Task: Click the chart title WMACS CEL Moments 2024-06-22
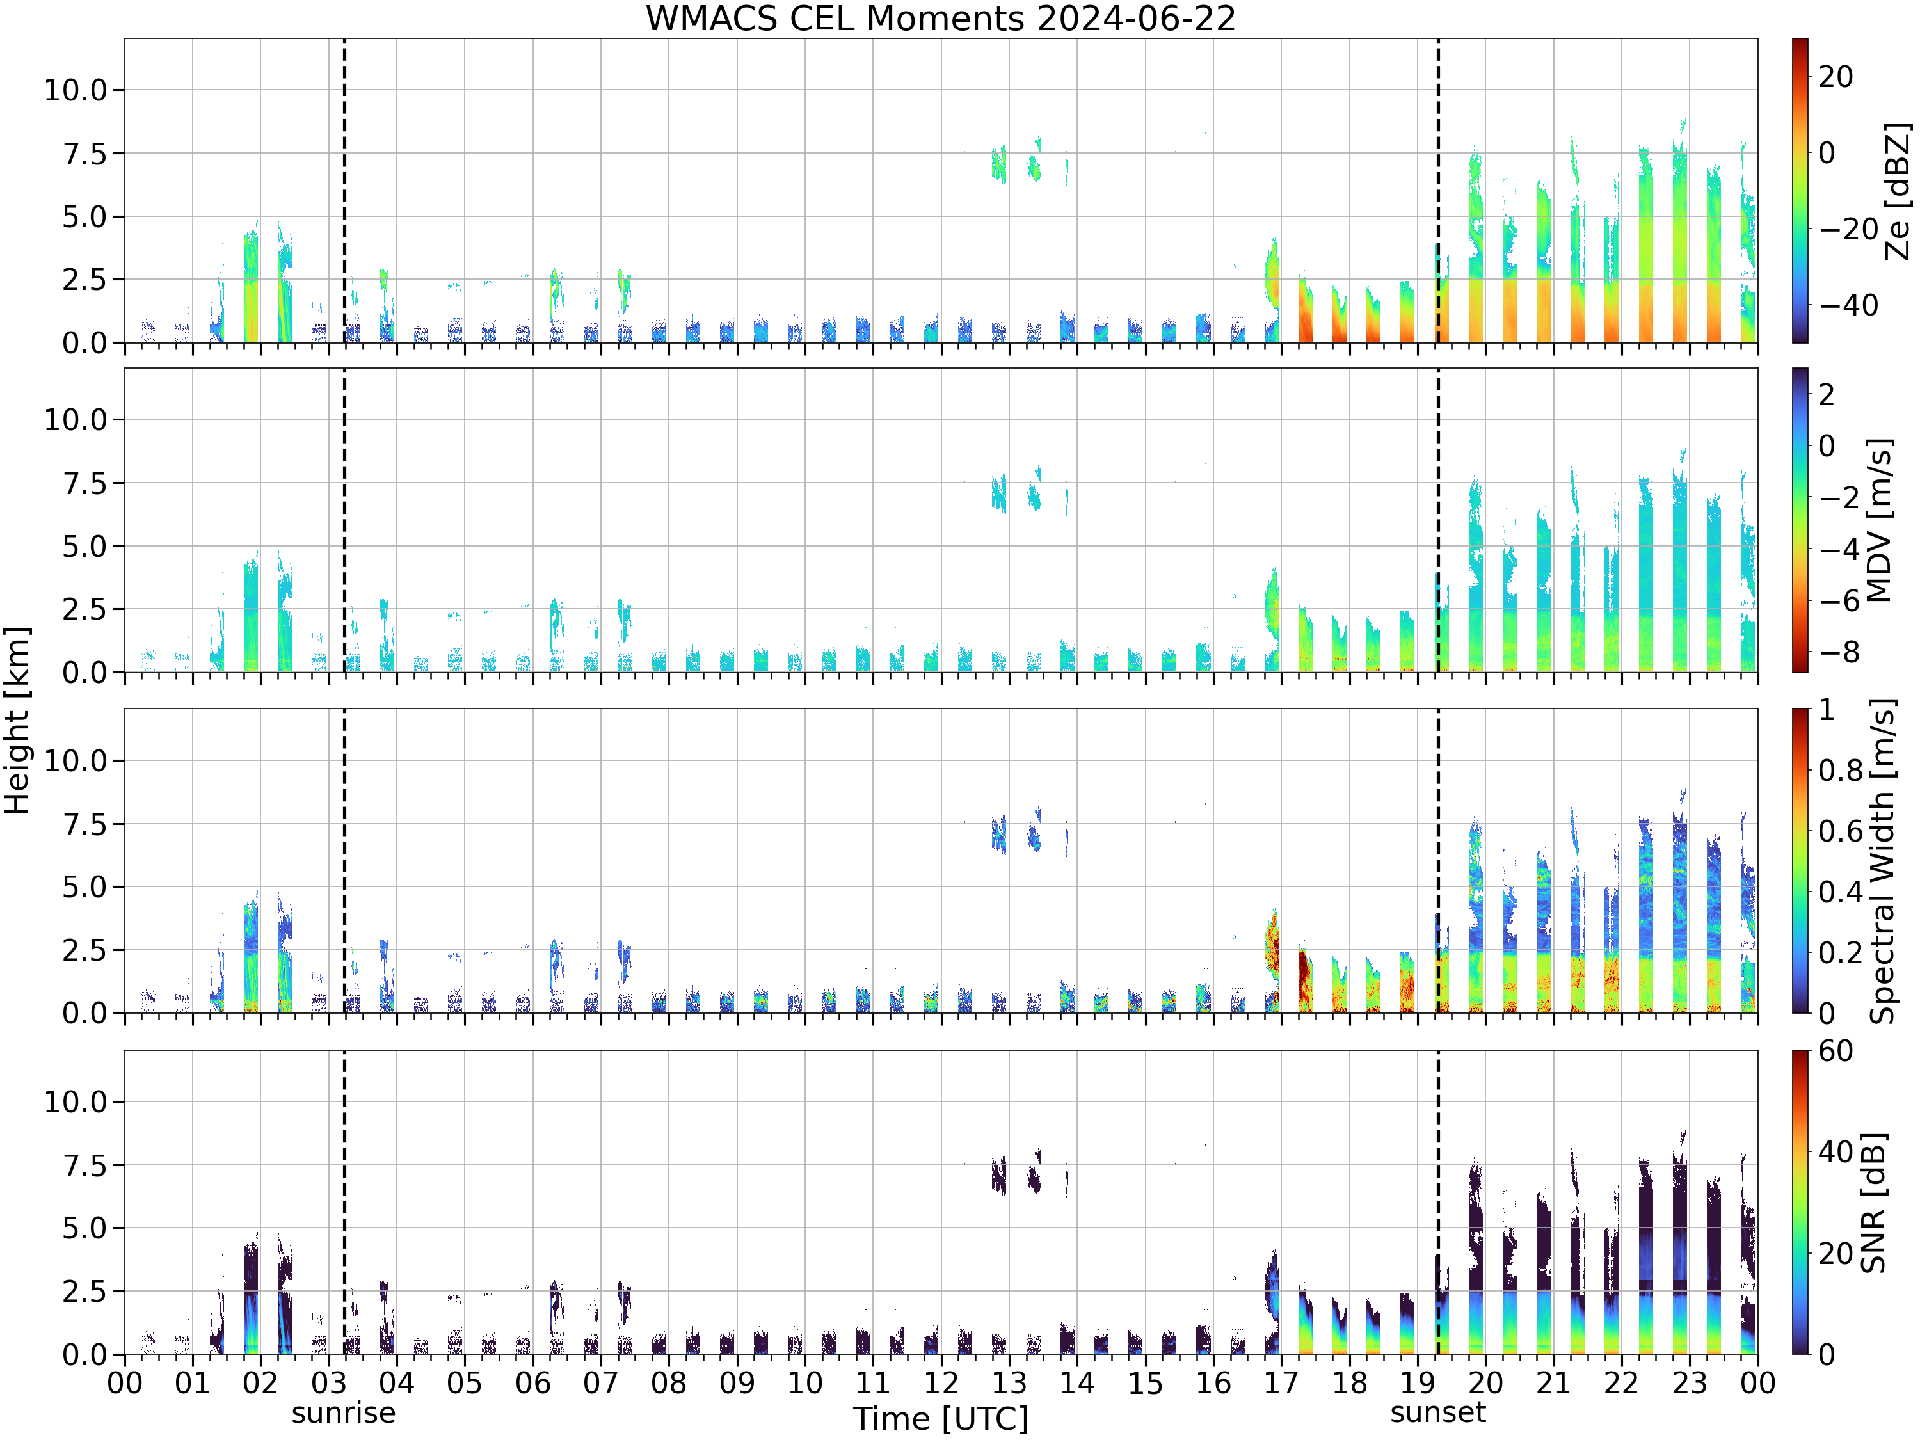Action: (x=940, y=18)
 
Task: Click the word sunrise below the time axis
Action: (x=344, y=1413)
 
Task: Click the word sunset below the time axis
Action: (x=1437, y=1412)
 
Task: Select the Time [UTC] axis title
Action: (x=940, y=1419)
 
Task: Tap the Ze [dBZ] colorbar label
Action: (x=1898, y=191)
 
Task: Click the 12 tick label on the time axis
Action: (x=940, y=1382)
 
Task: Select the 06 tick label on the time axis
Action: (x=532, y=1382)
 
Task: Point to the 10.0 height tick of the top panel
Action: (x=76, y=90)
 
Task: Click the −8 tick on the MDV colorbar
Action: (x=1839, y=652)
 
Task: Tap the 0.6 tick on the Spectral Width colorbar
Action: (x=1840, y=831)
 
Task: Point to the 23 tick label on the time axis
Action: (x=1689, y=1382)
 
